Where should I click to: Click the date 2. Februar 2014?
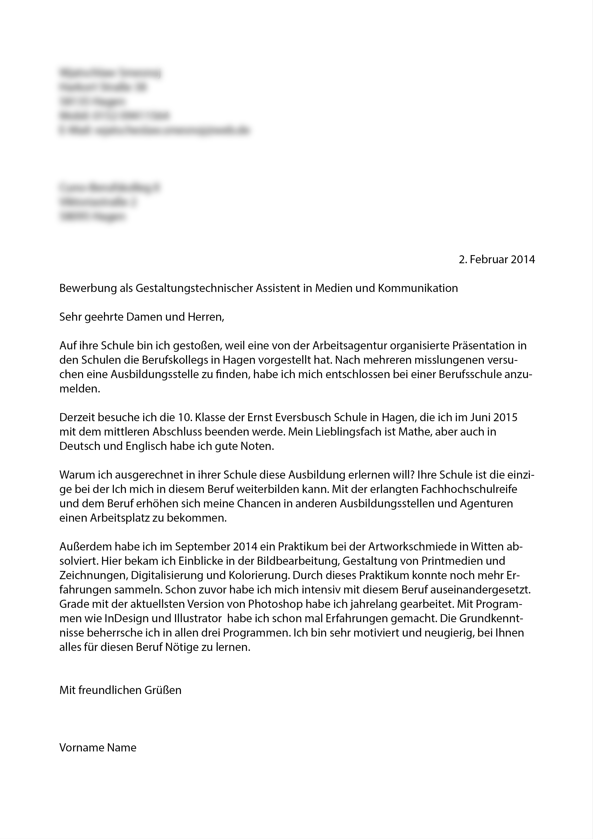[x=497, y=259]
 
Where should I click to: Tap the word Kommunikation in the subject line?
[x=418, y=288]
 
